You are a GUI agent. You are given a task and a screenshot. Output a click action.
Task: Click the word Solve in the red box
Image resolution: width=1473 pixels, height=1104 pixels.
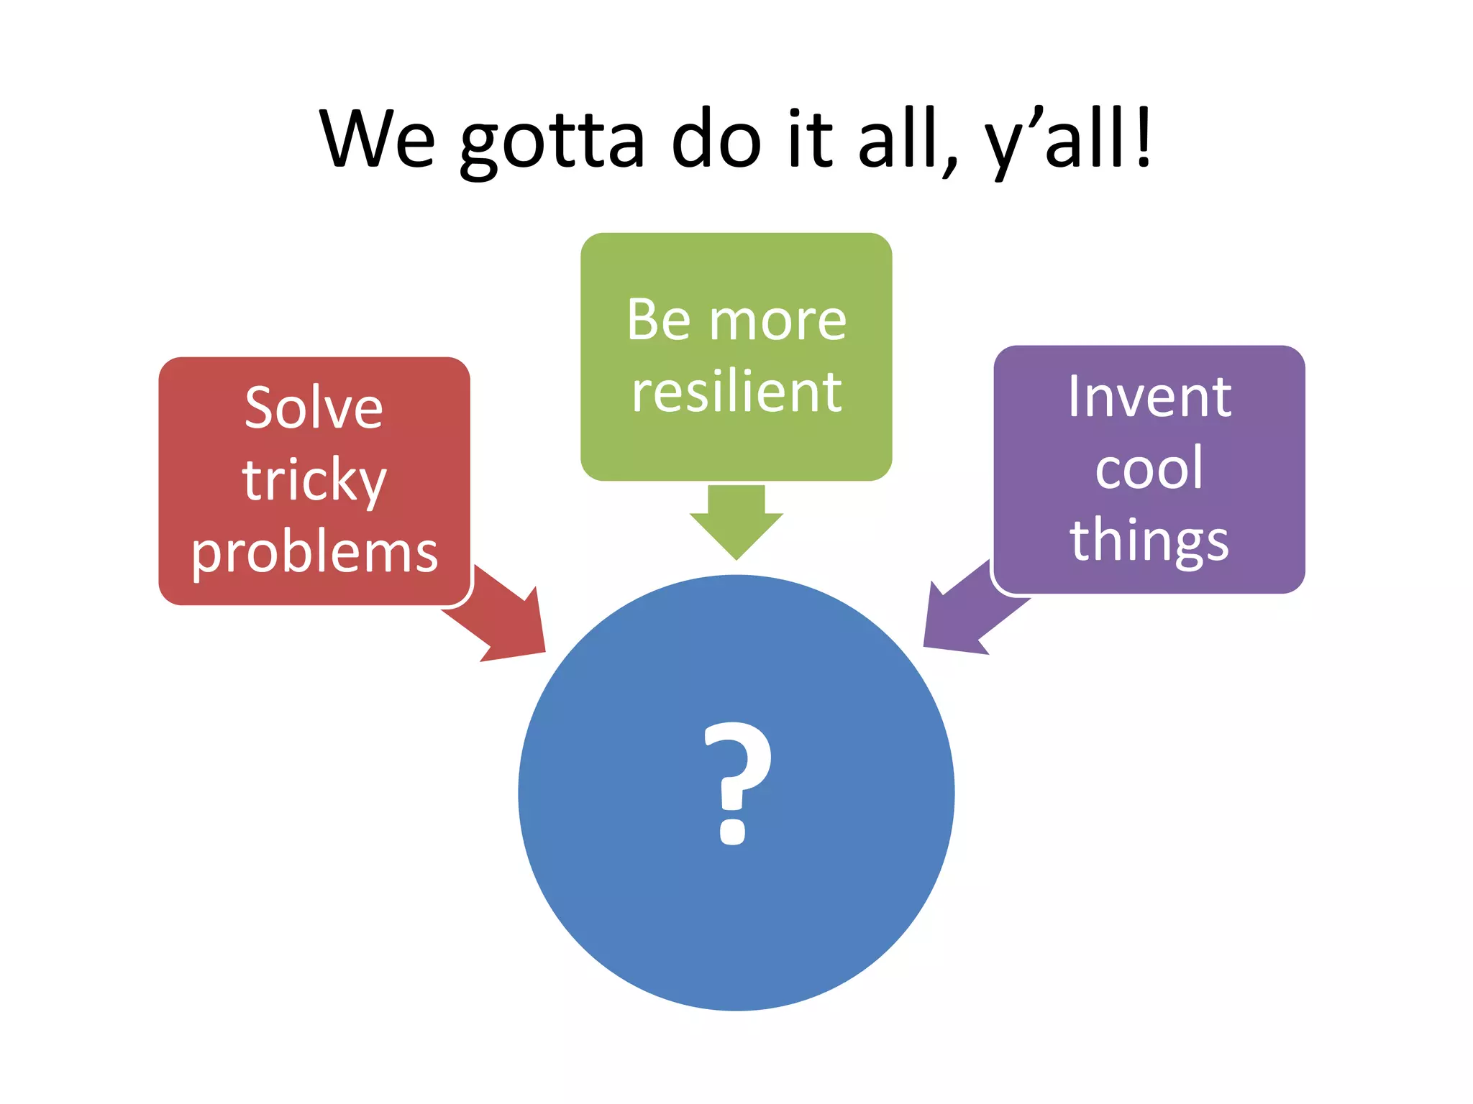(x=314, y=408)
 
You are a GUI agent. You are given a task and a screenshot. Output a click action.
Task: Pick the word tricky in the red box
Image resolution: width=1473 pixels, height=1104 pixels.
(x=314, y=481)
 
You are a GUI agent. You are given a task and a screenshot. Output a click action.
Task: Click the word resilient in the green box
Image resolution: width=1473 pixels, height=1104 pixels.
(x=736, y=392)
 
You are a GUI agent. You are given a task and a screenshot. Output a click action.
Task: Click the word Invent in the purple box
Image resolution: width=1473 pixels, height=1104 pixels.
(x=1149, y=397)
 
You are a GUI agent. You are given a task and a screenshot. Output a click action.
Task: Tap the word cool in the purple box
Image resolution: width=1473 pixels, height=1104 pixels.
(x=1149, y=469)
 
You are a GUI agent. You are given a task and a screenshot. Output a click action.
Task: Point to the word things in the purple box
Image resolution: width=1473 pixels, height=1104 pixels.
(x=1149, y=540)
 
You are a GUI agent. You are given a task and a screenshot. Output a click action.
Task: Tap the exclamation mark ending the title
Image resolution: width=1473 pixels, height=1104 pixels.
(x=1144, y=137)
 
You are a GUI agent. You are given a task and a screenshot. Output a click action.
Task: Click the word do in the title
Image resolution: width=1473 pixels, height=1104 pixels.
(x=716, y=138)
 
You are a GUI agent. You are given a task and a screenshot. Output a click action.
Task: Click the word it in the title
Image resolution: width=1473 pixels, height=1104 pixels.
(x=810, y=138)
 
